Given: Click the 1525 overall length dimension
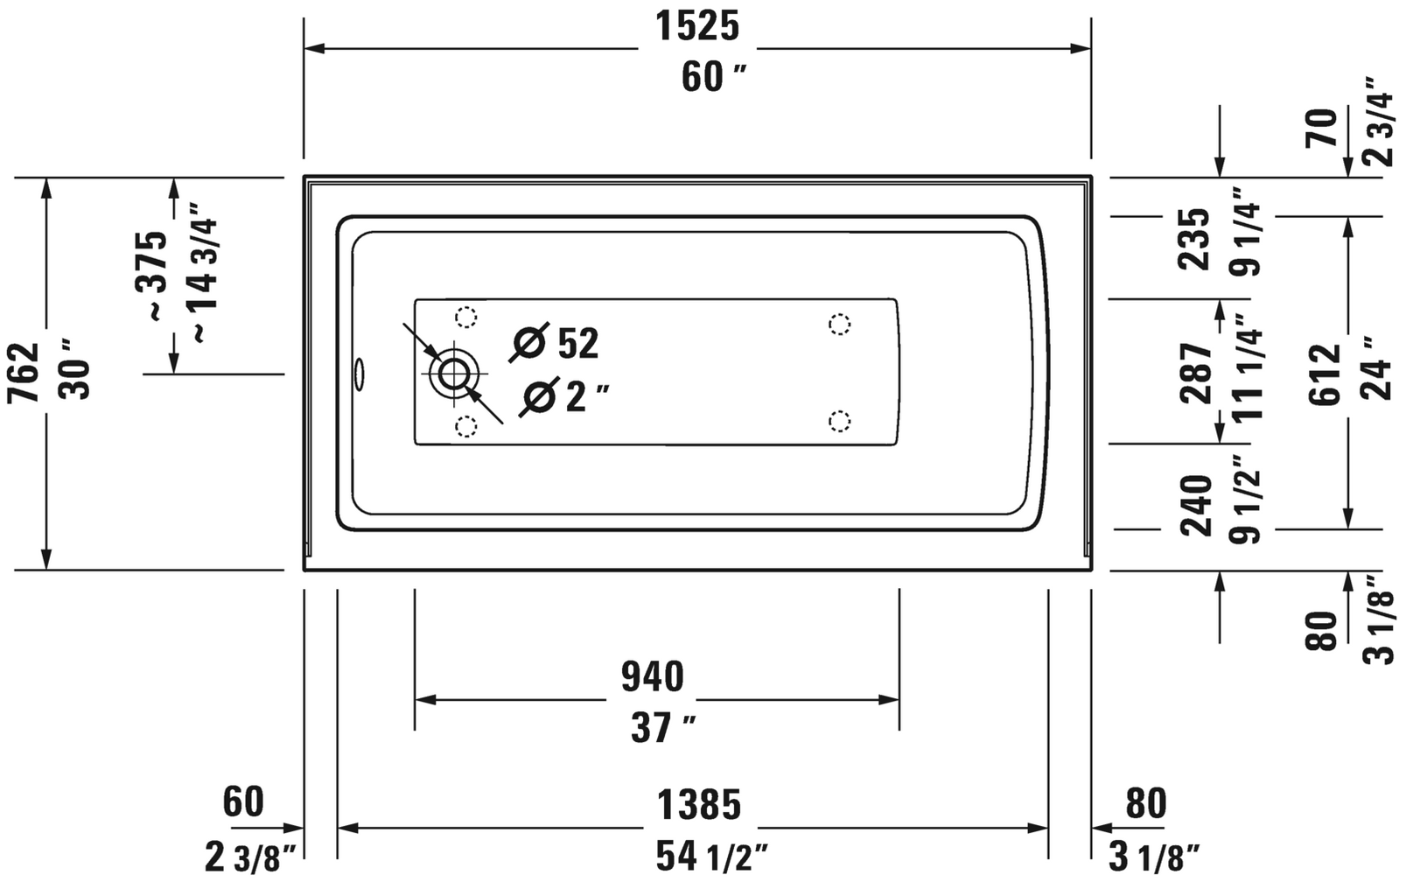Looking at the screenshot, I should click(697, 27).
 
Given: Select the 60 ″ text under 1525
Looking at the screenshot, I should click(713, 77).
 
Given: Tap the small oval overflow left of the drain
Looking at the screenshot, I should click(358, 374).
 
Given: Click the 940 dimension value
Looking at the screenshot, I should click(652, 676).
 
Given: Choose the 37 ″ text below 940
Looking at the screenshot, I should click(662, 727).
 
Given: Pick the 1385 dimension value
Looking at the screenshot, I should click(698, 804).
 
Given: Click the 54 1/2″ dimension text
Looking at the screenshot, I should click(712, 857).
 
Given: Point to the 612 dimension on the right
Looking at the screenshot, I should click(1326, 374).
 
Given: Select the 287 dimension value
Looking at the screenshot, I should click(1196, 372).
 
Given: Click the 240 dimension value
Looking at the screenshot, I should click(1196, 505).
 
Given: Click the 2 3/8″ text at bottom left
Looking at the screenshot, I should click(250, 857).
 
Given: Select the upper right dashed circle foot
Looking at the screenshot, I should click(839, 325).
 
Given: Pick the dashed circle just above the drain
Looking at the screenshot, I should click(466, 317).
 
